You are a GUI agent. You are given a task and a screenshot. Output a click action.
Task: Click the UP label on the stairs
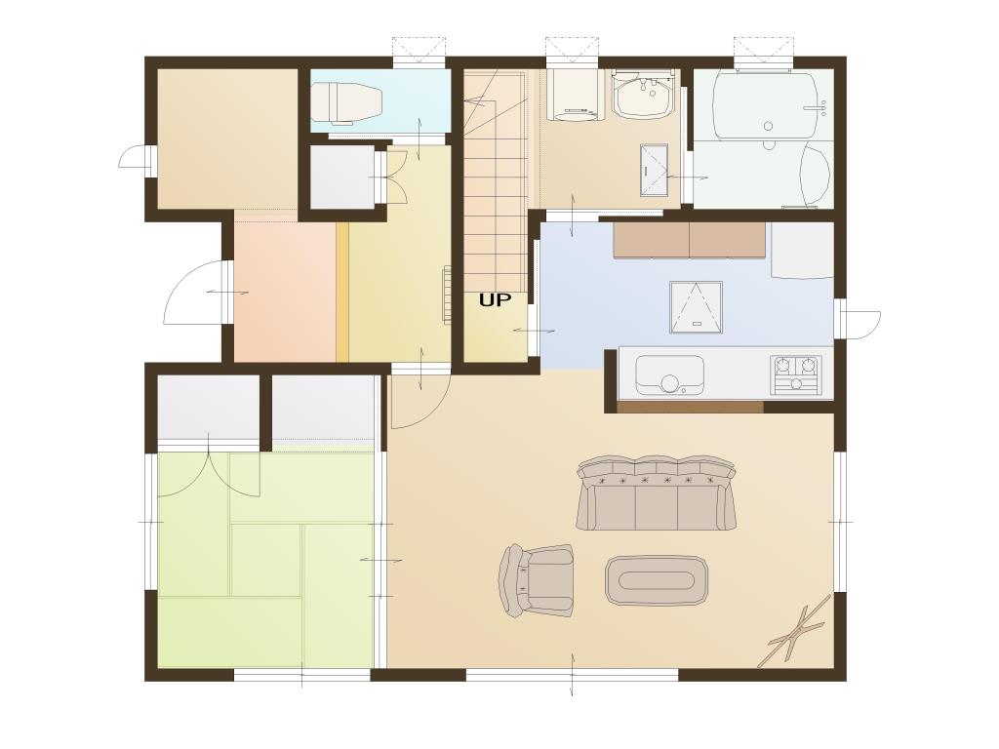pyautogui.click(x=495, y=300)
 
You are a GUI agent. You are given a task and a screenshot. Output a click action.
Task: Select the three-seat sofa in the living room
pyautogui.click(x=657, y=493)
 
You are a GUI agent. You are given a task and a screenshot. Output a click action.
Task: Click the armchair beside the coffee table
pyautogui.click(x=537, y=580)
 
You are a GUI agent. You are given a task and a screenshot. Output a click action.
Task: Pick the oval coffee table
pyautogui.click(x=657, y=580)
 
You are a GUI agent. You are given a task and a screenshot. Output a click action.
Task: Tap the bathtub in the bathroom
pyautogui.click(x=765, y=105)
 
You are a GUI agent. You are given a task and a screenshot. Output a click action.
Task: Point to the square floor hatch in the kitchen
pyautogui.click(x=697, y=307)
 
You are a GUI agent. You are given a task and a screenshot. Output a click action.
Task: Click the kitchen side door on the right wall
pyautogui.click(x=861, y=319)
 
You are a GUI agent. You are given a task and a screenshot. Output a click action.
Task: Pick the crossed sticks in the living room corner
pyautogui.click(x=796, y=631)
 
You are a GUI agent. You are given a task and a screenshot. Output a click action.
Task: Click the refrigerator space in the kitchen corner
pyautogui.click(x=802, y=251)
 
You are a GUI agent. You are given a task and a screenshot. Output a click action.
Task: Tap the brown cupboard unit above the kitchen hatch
pyautogui.click(x=690, y=240)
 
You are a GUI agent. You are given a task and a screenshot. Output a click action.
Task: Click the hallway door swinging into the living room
pyautogui.click(x=420, y=400)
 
